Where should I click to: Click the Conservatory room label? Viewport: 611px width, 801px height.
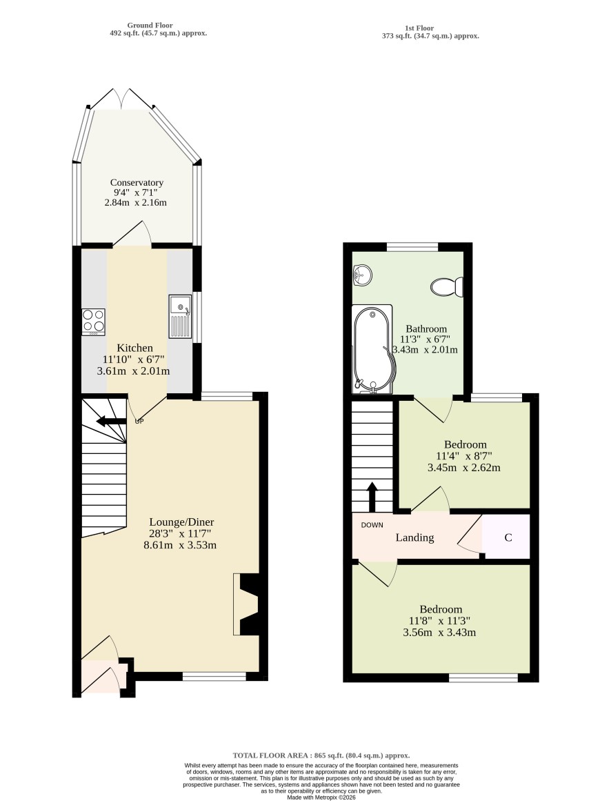click(x=137, y=182)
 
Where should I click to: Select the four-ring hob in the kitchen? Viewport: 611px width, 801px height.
click(x=93, y=322)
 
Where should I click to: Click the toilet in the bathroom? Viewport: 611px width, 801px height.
click(x=447, y=286)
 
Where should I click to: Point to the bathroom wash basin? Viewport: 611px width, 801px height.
click(x=362, y=275)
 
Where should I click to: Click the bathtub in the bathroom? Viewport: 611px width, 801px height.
click(x=372, y=349)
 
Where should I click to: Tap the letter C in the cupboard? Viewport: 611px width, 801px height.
click(x=508, y=537)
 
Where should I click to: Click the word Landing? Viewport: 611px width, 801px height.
click(x=414, y=537)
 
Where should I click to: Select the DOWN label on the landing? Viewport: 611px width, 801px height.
click(x=372, y=525)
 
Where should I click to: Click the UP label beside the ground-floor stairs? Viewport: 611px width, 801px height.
click(x=139, y=422)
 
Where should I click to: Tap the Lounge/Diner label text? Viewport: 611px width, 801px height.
click(x=181, y=522)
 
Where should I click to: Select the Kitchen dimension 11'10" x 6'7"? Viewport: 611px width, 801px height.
click(x=134, y=359)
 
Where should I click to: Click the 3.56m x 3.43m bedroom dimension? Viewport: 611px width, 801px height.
click(x=439, y=633)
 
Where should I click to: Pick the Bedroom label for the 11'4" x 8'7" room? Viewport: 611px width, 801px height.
click(x=465, y=444)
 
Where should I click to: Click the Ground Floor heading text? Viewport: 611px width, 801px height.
click(x=150, y=25)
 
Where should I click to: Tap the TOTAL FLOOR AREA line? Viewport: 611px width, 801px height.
click(x=321, y=755)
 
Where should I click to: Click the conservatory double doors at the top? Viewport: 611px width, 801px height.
click(x=121, y=98)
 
